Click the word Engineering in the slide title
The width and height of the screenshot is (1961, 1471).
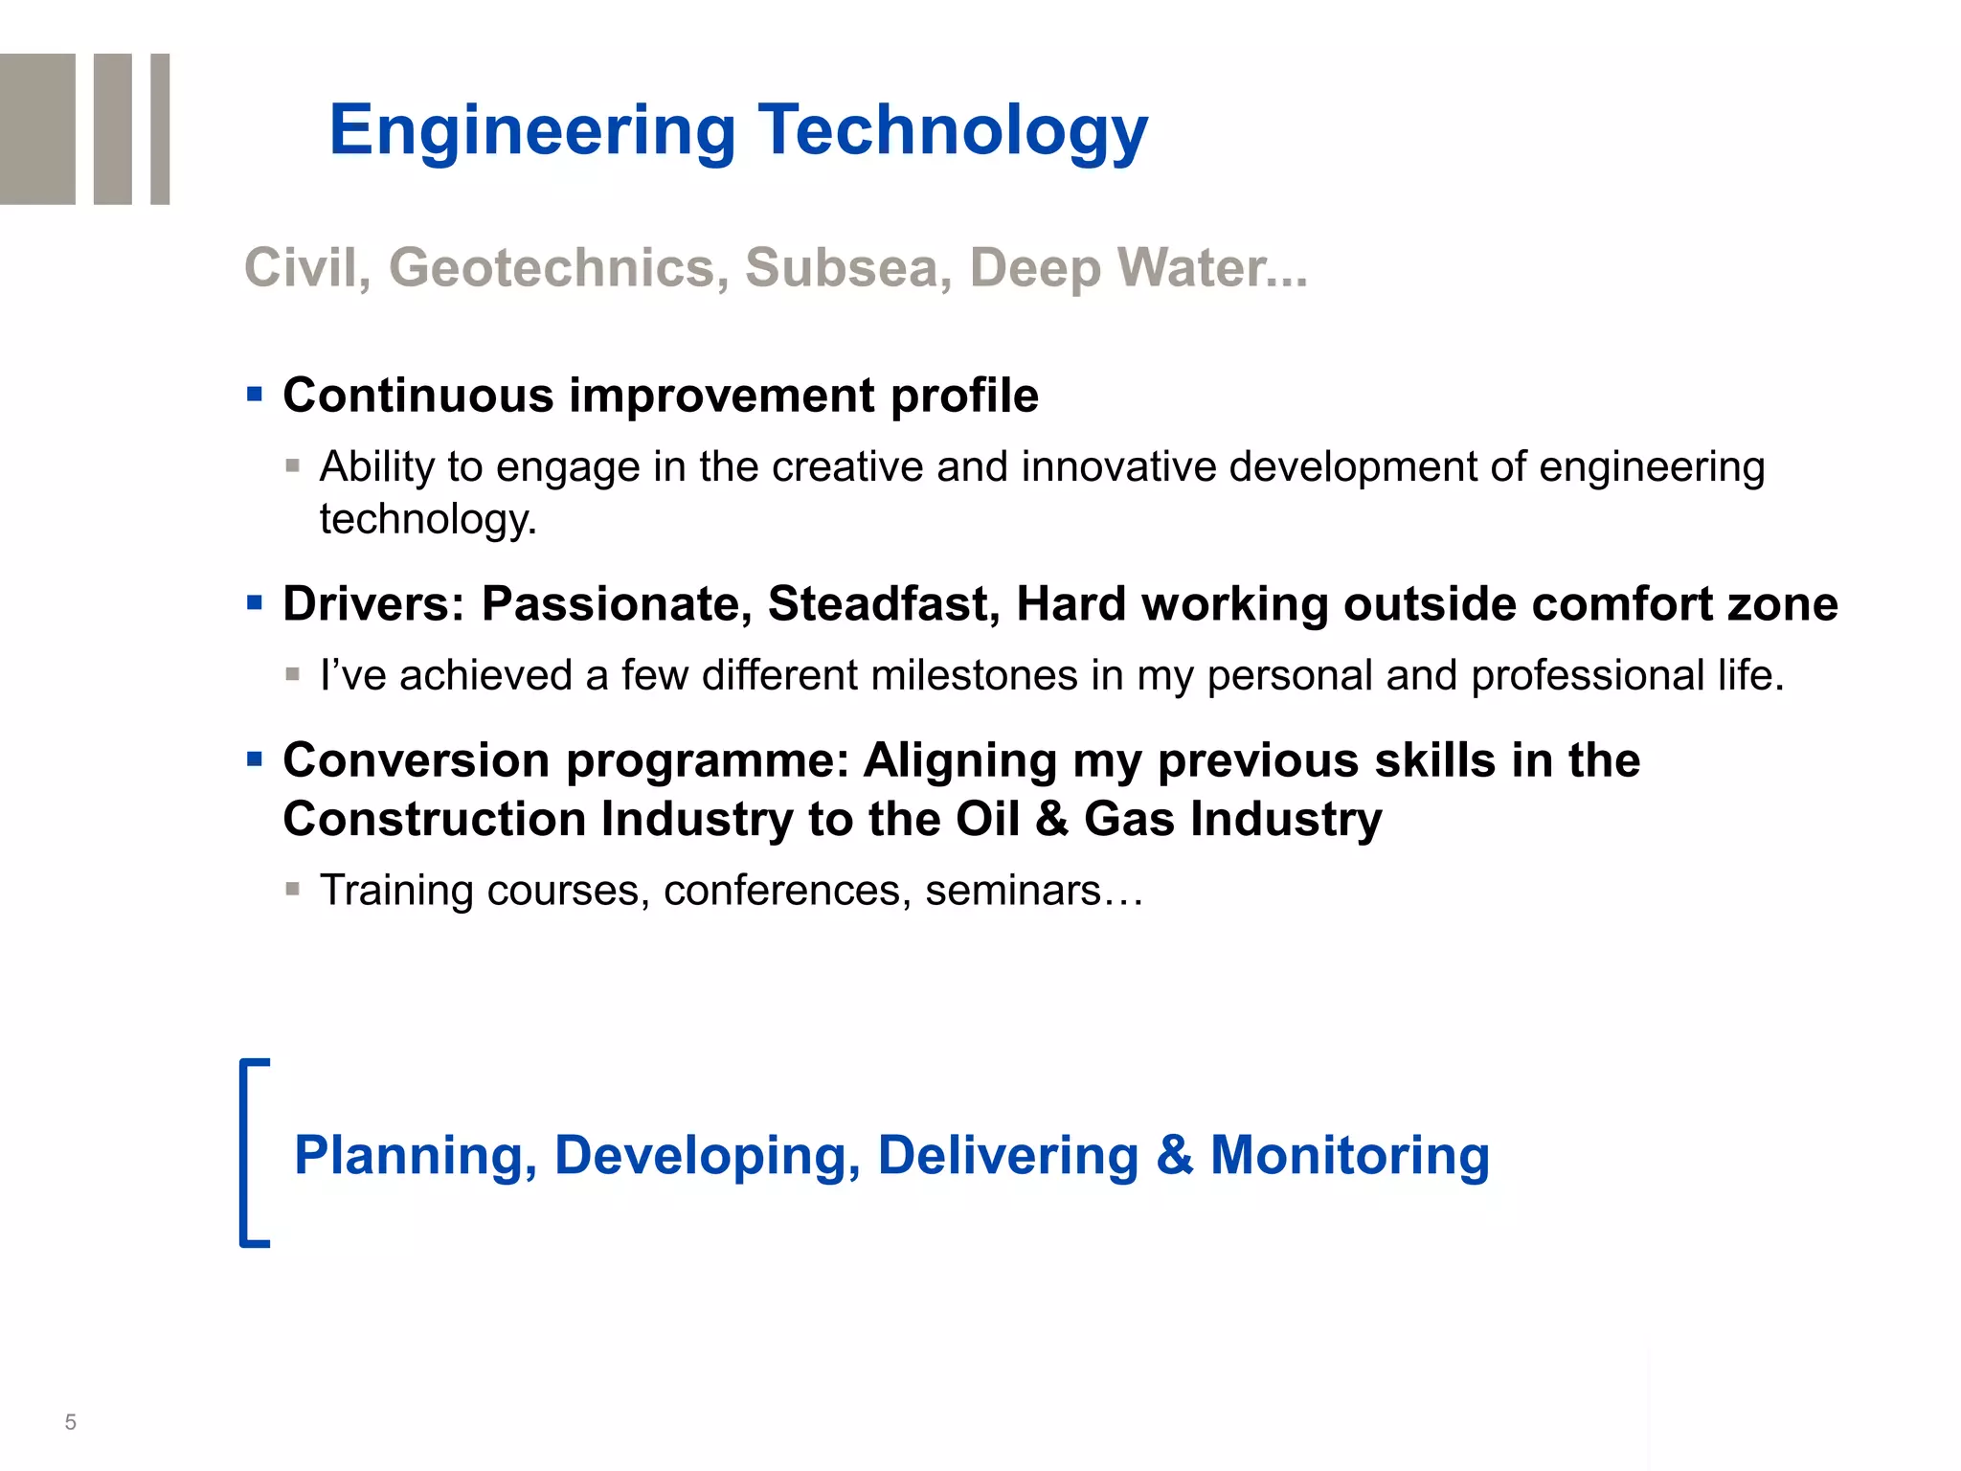tap(532, 131)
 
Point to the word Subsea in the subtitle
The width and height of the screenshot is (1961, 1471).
tap(848, 267)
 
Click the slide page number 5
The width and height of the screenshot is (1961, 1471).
tap(70, 1422)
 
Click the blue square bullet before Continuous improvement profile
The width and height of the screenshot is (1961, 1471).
tap(255, 394)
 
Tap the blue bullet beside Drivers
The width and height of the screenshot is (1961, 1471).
tap(255, 602)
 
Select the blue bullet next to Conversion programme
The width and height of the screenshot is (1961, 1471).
tap(255, 759)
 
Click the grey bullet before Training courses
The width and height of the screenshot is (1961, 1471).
tap(293, 890)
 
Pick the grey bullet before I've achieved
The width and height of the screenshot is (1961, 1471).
tap(293, 674)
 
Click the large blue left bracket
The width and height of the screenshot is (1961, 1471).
tap(252, 1152)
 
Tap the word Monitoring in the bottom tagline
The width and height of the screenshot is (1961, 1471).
tap(1349, 1155)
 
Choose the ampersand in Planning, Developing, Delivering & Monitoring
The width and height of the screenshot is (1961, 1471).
tap(1174, 1155)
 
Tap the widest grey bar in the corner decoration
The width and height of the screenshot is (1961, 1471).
tap(37, 128)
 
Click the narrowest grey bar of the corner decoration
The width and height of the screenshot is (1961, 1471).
tap(160, 128)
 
